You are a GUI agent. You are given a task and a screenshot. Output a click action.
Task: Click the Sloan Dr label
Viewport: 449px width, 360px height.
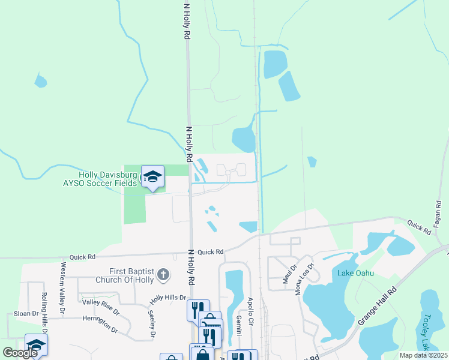point(26,314)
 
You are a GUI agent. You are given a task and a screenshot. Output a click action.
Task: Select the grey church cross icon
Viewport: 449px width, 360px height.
point(162,276)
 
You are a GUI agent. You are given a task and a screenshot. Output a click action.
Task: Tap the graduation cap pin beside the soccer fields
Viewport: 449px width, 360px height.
point(152,176)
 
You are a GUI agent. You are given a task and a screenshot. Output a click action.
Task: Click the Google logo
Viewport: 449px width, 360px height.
point(20,353)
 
